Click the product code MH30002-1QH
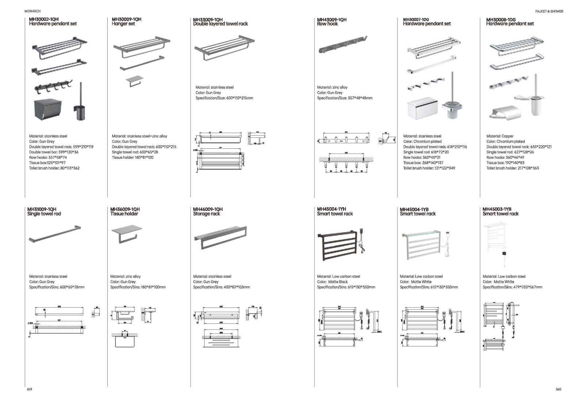[43, 19]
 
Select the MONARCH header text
[33, 11]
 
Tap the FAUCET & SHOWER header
[549, 11]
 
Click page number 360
[558, 389]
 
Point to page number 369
[30, 389]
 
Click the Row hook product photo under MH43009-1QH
[342, 44]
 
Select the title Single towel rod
[44, 214]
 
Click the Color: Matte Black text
[332, 282]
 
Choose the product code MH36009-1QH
[125, 209]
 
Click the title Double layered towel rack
[220, 24]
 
